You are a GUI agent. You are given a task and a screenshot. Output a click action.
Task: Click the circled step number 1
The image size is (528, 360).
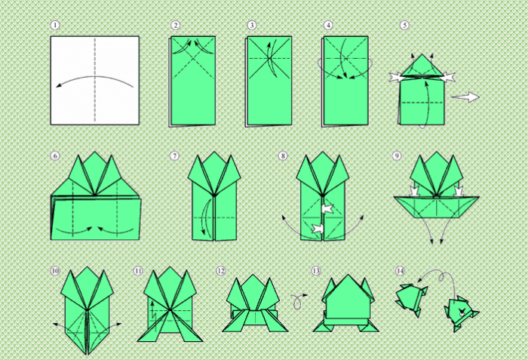(x=55, y=25)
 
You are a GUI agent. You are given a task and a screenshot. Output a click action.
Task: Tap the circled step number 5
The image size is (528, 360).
(x=404, y=25)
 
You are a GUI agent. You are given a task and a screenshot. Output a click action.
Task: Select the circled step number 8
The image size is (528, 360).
(x=283, y=155)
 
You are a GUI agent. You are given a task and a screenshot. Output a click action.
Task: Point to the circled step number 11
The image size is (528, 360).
(x=138, y=271)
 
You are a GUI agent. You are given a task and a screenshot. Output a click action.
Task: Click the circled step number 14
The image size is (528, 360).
(x=400, y=271)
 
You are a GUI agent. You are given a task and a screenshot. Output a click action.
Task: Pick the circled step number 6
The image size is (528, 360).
(x=55, y=155)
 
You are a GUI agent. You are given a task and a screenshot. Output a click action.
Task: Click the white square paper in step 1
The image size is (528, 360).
(x=95, y=81)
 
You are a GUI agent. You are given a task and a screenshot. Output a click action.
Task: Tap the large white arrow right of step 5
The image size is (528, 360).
(x=465, y=97)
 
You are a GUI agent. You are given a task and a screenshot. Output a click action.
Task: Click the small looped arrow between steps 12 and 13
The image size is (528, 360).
(x=298, y=301)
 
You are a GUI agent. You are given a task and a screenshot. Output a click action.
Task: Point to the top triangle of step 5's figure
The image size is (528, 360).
(x=422, y=65)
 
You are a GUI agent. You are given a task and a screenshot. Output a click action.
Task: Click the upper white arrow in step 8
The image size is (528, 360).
(x=327, y=209)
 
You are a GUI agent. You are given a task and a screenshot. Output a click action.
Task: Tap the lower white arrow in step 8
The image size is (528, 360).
(x=318, y=229)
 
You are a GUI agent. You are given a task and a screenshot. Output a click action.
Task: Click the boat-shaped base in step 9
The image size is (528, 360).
(x=437, y=207)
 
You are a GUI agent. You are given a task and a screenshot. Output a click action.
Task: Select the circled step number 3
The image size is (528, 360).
(x=251, y=25)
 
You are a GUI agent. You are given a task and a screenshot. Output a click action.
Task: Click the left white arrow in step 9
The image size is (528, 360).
(x=414, y=190)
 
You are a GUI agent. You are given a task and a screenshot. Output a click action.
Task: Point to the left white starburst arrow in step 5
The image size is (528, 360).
(x=396, y=77)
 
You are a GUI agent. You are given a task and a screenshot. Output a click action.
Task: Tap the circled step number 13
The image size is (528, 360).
(x=316, y=271)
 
